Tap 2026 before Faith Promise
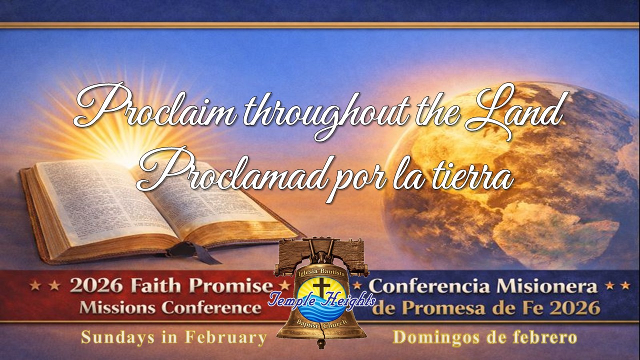click(96, 285)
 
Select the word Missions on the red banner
click(117, 307)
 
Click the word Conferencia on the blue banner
click(431, 286)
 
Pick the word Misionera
click(547, 286)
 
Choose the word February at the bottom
click(225, 337)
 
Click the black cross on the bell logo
click(321, 286)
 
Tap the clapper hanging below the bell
click(321, 344)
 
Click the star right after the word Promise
click(284, 285)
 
